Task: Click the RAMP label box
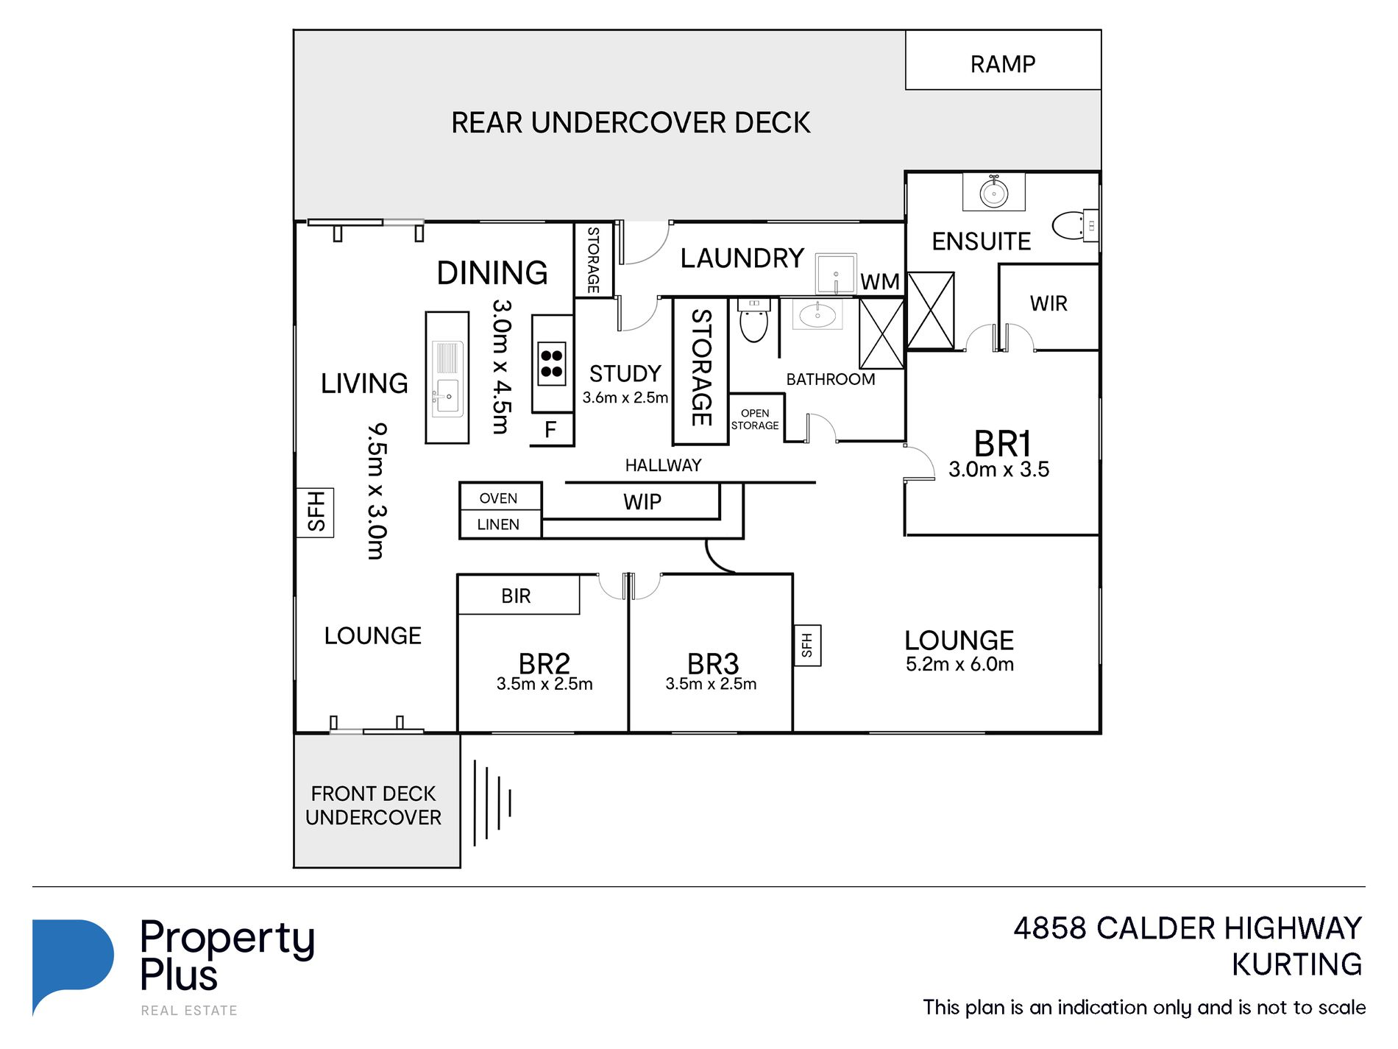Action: click(x=1003, y=60)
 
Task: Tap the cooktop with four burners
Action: click(x=552, y=364)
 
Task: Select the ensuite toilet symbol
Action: click(x=1075, y=226)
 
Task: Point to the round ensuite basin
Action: click(x=994, y=194)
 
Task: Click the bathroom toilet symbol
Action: click(x=753, y=321)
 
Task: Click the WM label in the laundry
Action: click(x=880, y=282)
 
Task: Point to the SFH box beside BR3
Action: click(x=807, y=646)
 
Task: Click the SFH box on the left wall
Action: click(x=315, y=512)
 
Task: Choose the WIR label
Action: click(x=1048, y=303)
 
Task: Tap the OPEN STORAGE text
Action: click(x=755, y=420)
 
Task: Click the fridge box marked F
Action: click(x=551, y=430)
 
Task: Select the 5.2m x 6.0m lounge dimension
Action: click(x=959, y=664)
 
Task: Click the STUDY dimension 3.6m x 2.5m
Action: click(x=625, y=398)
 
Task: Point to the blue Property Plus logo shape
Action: click(x=73, y=964)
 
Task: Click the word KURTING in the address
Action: click(x=1296, y=964)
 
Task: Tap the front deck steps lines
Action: click(x=492, y=802)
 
